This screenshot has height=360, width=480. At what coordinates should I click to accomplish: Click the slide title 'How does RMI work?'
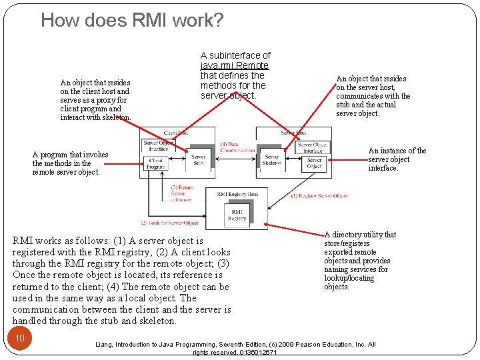[x=132, y=21]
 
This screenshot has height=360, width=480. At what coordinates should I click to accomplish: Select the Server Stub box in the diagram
[x=198, y=161]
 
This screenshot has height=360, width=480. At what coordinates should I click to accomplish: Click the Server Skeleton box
[x=271, y=161]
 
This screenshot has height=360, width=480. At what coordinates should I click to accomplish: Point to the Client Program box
[x=155, y=163]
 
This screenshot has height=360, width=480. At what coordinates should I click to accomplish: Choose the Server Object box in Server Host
[x=314, y=163]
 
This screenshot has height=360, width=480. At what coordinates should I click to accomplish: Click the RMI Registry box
[x=237, y=215]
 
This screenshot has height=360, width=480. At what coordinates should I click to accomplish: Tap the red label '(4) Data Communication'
[x=237, y=147]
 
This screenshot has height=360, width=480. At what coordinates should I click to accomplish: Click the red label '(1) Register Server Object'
[x=319, y=196]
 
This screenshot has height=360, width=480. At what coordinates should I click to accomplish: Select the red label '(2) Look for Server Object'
[x=169, y=223]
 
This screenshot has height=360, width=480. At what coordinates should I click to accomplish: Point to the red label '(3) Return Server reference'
[x=182, y=193]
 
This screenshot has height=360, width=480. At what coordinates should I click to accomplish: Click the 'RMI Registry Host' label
[x=237, y=194]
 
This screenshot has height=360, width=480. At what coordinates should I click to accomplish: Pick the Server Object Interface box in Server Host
[x=313, y=147]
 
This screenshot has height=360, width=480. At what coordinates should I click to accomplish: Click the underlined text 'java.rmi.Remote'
[x=234, y=65]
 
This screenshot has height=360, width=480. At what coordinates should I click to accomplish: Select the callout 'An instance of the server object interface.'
[x=397, y=159]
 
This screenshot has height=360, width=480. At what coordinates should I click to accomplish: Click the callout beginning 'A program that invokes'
[x=70, y=163]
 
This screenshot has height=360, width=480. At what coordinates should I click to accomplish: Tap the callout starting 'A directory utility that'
[x=360, y=261]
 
